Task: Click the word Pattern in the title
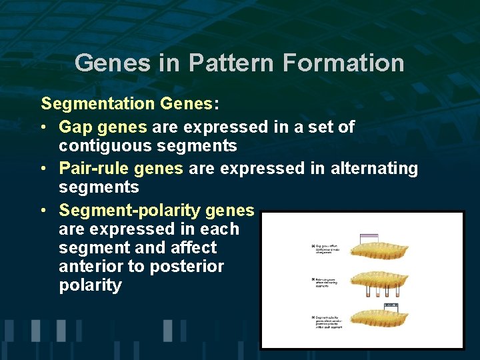(232, 63)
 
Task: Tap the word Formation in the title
(343, 63)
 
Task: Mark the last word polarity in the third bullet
(90, 285)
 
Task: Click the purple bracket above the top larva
(369, 235)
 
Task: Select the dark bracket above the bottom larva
(391, 304)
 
